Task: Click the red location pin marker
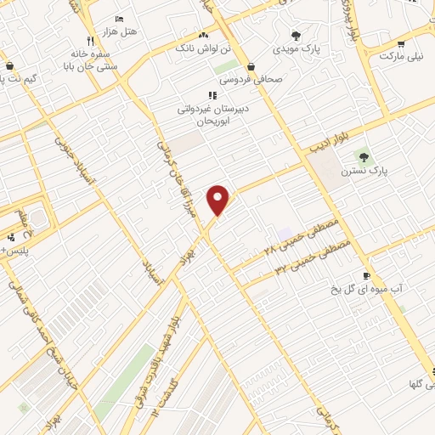click(x=220, y=199)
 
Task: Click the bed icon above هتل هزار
click(x=119, y=18)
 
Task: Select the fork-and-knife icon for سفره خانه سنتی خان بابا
click(x=90, y=41)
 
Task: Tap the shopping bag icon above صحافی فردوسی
click(x=251, y=66)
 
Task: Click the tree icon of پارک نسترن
click(x=364, y=156)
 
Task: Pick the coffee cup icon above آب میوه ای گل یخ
click(x=366, y=275)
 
